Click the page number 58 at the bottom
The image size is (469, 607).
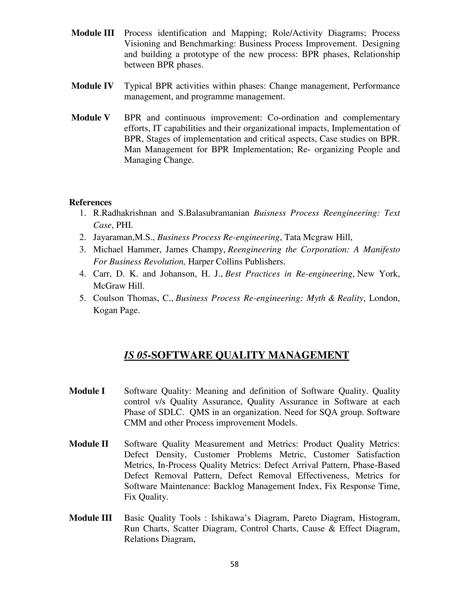point(234,564)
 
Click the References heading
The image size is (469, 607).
point(90,202)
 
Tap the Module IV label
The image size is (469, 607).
point(92,86)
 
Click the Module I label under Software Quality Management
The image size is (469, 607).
point(87,391)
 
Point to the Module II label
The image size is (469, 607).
point(89,444)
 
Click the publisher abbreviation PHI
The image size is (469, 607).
point(124,225)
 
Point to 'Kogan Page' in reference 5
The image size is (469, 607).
point(116,310)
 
